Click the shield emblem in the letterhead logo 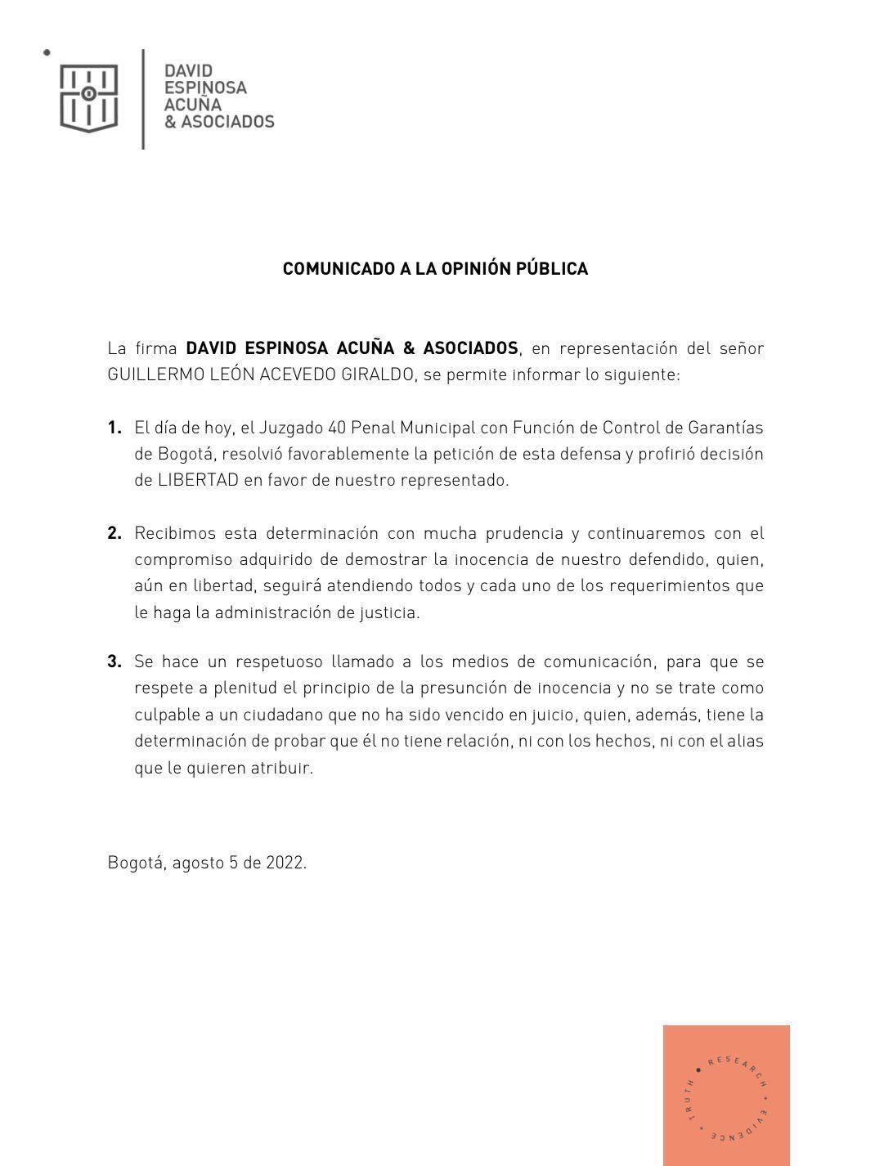coord(88,98)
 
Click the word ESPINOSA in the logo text coord(205,87)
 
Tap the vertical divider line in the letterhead coord(144,99)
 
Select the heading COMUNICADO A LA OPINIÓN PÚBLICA coord(435,269)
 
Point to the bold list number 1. coord(114,428)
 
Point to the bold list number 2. coord(114,534)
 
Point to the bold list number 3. coord(114,661)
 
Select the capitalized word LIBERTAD coord(198,480)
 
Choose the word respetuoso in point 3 coord(279,661)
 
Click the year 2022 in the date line coord(285,863)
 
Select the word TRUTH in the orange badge coord(689,1101)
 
